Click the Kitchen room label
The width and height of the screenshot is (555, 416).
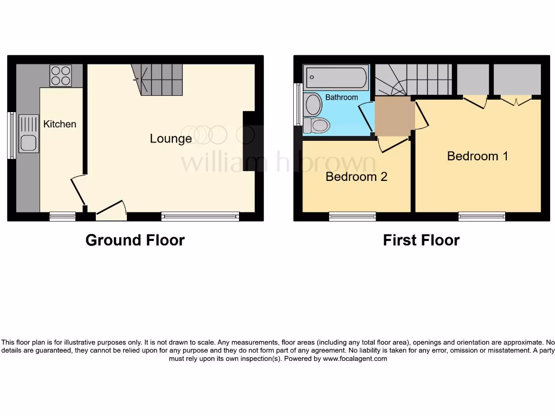[60, 124]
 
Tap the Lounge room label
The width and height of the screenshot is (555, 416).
[171, 139]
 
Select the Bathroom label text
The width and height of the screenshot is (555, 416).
[341, 97]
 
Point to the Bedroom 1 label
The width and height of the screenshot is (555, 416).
[477, 156]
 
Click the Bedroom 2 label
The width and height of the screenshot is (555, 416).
[356, 177]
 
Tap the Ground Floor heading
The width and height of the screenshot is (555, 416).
[135, 240]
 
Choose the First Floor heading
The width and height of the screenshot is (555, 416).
[421, 240]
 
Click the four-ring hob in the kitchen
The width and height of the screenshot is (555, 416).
[61, 76]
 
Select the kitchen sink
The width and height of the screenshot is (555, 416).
[28, 133]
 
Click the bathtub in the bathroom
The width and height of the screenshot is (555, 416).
[336, 77]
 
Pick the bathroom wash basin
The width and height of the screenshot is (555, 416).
[313, 105]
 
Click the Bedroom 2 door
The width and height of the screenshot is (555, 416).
[392, 145]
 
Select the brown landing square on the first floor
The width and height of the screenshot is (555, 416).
[395, 116]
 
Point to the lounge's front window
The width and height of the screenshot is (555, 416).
[200, 217]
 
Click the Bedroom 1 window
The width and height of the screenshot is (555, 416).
[482, 217]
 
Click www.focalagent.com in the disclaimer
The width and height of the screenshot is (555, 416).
[355, 359]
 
